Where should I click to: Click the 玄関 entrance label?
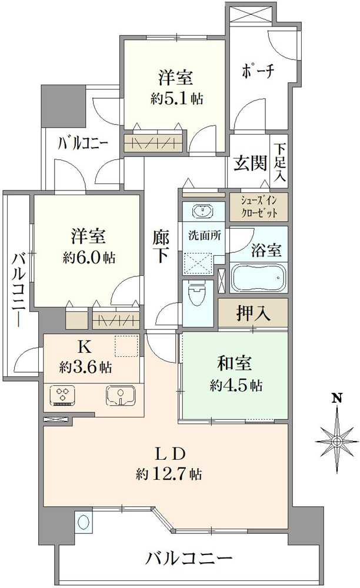coord(249,163)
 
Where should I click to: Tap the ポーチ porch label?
coord(258,72)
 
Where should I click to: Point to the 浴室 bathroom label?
coord(266,250)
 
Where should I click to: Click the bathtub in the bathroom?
coord(258,278)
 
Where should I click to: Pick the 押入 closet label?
coord(253,313)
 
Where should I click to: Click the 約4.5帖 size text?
coord(235,386)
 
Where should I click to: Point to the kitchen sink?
coord(121,395)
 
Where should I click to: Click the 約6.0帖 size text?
coord(88,257)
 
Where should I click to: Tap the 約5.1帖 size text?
coord(176,98)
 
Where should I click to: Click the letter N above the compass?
coord(336,398)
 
